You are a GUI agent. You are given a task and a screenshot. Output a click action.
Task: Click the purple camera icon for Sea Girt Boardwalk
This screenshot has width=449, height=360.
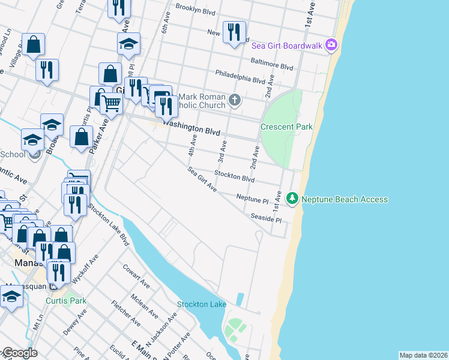(331, 44)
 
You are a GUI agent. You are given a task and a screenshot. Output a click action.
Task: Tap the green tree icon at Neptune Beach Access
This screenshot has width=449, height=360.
(292, 198)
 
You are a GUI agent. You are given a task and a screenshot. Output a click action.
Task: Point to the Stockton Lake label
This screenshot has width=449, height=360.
(202, 304)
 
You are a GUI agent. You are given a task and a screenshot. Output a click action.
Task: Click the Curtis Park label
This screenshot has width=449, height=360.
(68, 300)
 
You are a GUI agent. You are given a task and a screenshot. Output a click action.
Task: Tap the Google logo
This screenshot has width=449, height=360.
(20, 353)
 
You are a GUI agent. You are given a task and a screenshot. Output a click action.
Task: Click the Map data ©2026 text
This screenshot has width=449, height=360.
(423, 355)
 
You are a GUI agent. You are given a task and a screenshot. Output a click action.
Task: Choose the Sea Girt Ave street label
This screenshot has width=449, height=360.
(202, 179)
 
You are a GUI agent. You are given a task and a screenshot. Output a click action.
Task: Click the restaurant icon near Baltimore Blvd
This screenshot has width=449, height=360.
(234, 31)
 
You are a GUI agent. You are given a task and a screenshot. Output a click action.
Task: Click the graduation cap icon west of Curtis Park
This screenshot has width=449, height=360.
(11, 298)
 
